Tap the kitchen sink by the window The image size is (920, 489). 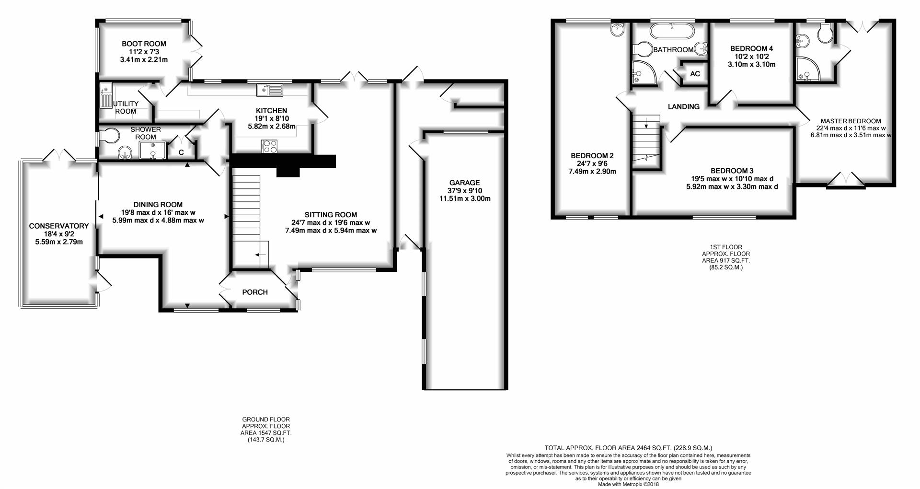click(270, 90)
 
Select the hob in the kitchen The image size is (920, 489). click(269, 146)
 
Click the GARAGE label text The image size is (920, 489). click(464, 183)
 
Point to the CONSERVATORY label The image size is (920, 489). click(59, 226)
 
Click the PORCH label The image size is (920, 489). click(255, 292)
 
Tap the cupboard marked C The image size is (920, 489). click(181, 152)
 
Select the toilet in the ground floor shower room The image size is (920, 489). click(107, 136)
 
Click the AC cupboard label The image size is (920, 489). click(695, 74)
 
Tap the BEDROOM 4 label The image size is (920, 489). click(751, 48)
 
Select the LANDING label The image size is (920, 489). click(683, 106)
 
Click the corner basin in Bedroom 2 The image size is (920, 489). click(618, 29)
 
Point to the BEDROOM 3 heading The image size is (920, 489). click(732, 171)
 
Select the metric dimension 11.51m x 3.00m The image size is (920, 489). click(465, 198)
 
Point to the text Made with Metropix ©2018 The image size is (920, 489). click(629, 484)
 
